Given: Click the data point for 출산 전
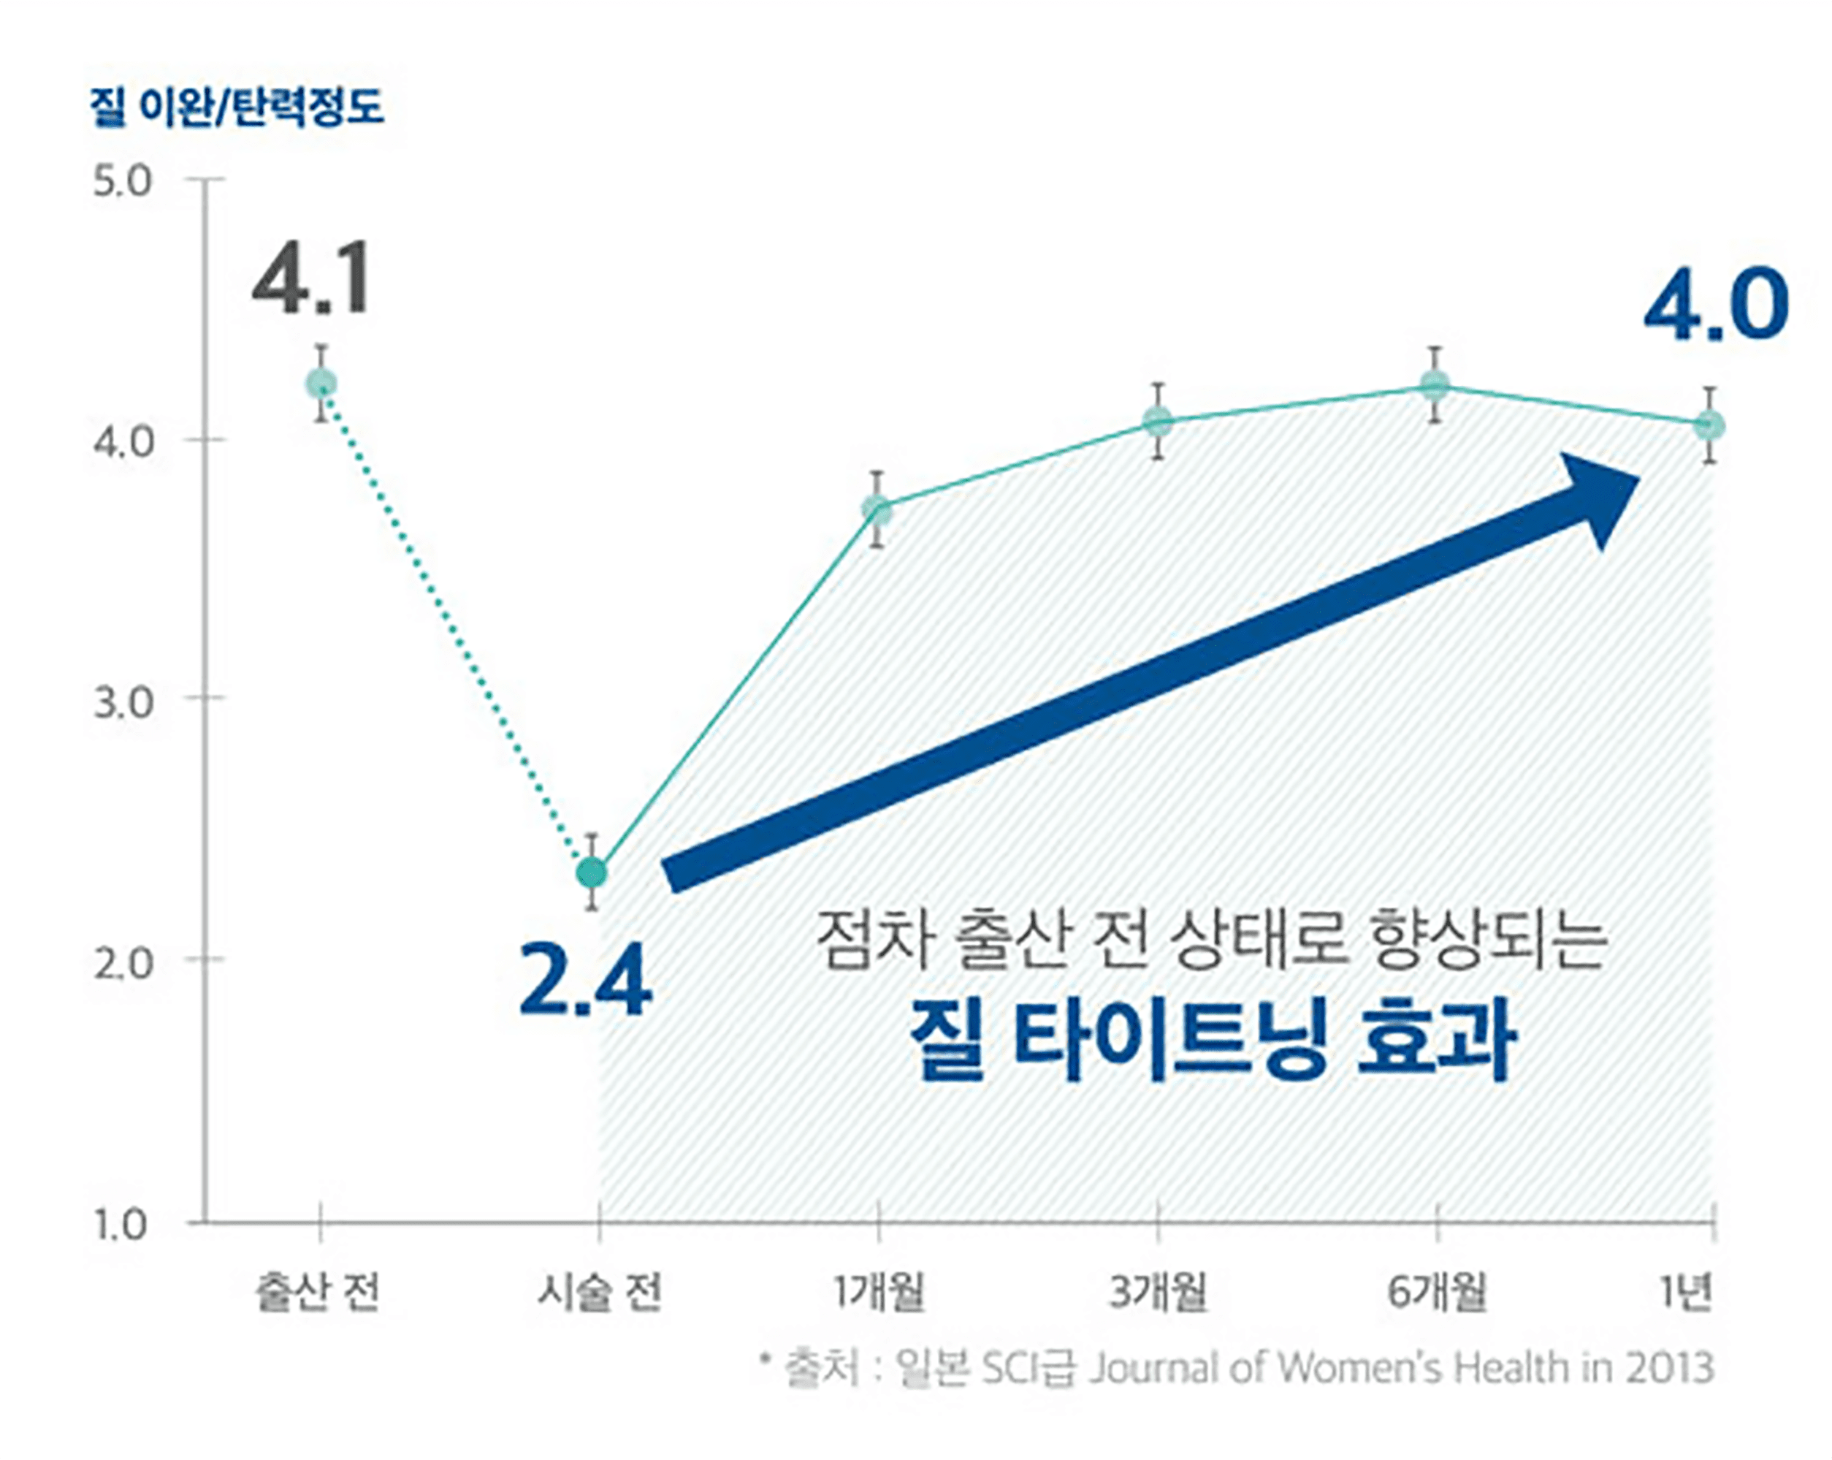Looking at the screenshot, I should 321,384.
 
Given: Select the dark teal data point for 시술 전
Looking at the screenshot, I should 592,872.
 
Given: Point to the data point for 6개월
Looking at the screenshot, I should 1435,387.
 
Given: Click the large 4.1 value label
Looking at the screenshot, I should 312,278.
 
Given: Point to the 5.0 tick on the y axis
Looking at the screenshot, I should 121,181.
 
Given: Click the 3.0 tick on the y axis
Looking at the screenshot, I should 121,702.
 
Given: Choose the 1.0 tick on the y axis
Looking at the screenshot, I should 121,1225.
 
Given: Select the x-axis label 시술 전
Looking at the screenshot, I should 599,1294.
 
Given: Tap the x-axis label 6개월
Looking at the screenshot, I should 1437,1294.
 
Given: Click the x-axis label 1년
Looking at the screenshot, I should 1687,1294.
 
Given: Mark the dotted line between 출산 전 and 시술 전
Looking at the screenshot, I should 457,629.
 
